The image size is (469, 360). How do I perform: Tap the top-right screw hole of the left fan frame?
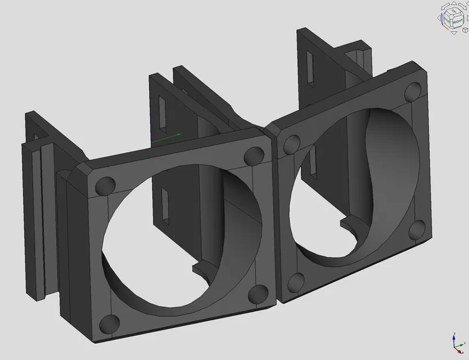pyautogui.click(x=252, y=155)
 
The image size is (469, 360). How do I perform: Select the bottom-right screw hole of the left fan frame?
pyautogui.click(x=257, y=294)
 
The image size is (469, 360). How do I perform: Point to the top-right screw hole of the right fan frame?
pyautogui.click(x=413, y=91)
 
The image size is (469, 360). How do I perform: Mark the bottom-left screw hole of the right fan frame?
pyautogui.click(x=295, y=282)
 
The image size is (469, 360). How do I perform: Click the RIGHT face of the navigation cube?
pyautogui.click(x=456, y=21)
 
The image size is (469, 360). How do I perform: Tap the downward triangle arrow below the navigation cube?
pyautogui.click(x=454, y=33)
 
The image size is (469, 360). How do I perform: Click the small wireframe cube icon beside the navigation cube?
pyautogui.click(x=465, y=29)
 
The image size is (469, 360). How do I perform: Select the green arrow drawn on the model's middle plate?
pyautogui.click(x=167, y=137)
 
